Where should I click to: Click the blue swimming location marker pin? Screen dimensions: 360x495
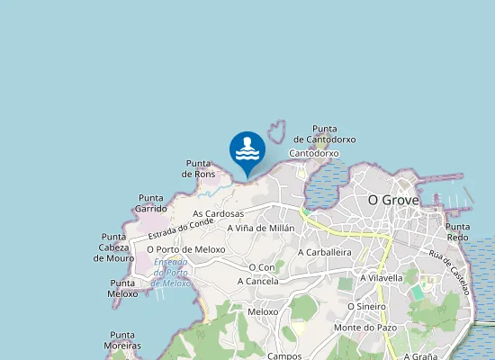tap(247, 150)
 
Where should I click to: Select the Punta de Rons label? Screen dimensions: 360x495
tap(199, 168)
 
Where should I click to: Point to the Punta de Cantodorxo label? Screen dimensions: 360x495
tap(325, 134)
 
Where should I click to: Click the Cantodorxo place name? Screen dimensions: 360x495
tap(314, 154)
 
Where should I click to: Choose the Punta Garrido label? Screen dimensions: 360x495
tap(151, 202)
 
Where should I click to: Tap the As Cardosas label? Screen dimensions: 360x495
tap(219, 214)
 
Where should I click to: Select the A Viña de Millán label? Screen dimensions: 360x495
tap(261, 229)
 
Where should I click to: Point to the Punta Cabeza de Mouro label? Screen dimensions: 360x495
tap(113, 247)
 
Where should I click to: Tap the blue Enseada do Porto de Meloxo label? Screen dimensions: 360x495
tap(171, 272)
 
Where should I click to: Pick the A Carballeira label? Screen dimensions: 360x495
tap(324, 253)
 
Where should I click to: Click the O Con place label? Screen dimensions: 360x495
tap(262, 267)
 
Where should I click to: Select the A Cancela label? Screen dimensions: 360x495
tap(258, 281)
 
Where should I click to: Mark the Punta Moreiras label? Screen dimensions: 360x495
tap(122, 340)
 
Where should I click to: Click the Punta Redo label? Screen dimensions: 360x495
tap(458, 232)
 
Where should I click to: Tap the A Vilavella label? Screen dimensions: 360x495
tap(381, 278)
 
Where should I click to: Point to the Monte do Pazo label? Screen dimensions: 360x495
tap(364, 328)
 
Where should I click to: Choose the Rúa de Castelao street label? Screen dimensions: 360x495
tap(449, 272)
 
